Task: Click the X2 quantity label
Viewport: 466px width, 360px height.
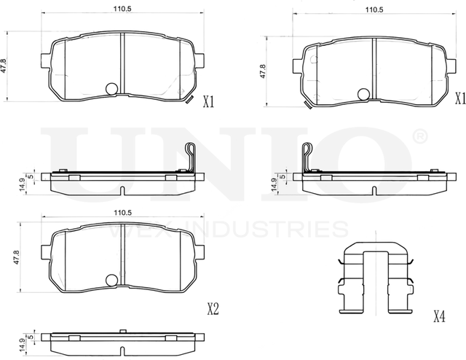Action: click(x=212, y=309)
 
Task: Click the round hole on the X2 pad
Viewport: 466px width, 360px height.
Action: click(x=111, y=280)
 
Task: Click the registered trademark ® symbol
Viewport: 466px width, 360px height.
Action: click(x=419, y=136)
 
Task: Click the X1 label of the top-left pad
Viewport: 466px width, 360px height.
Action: click(x=208, y=103)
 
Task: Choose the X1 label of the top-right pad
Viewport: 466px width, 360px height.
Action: click(x=459, y=98)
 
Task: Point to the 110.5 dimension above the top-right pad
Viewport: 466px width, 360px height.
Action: click(x=374, y=10)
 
